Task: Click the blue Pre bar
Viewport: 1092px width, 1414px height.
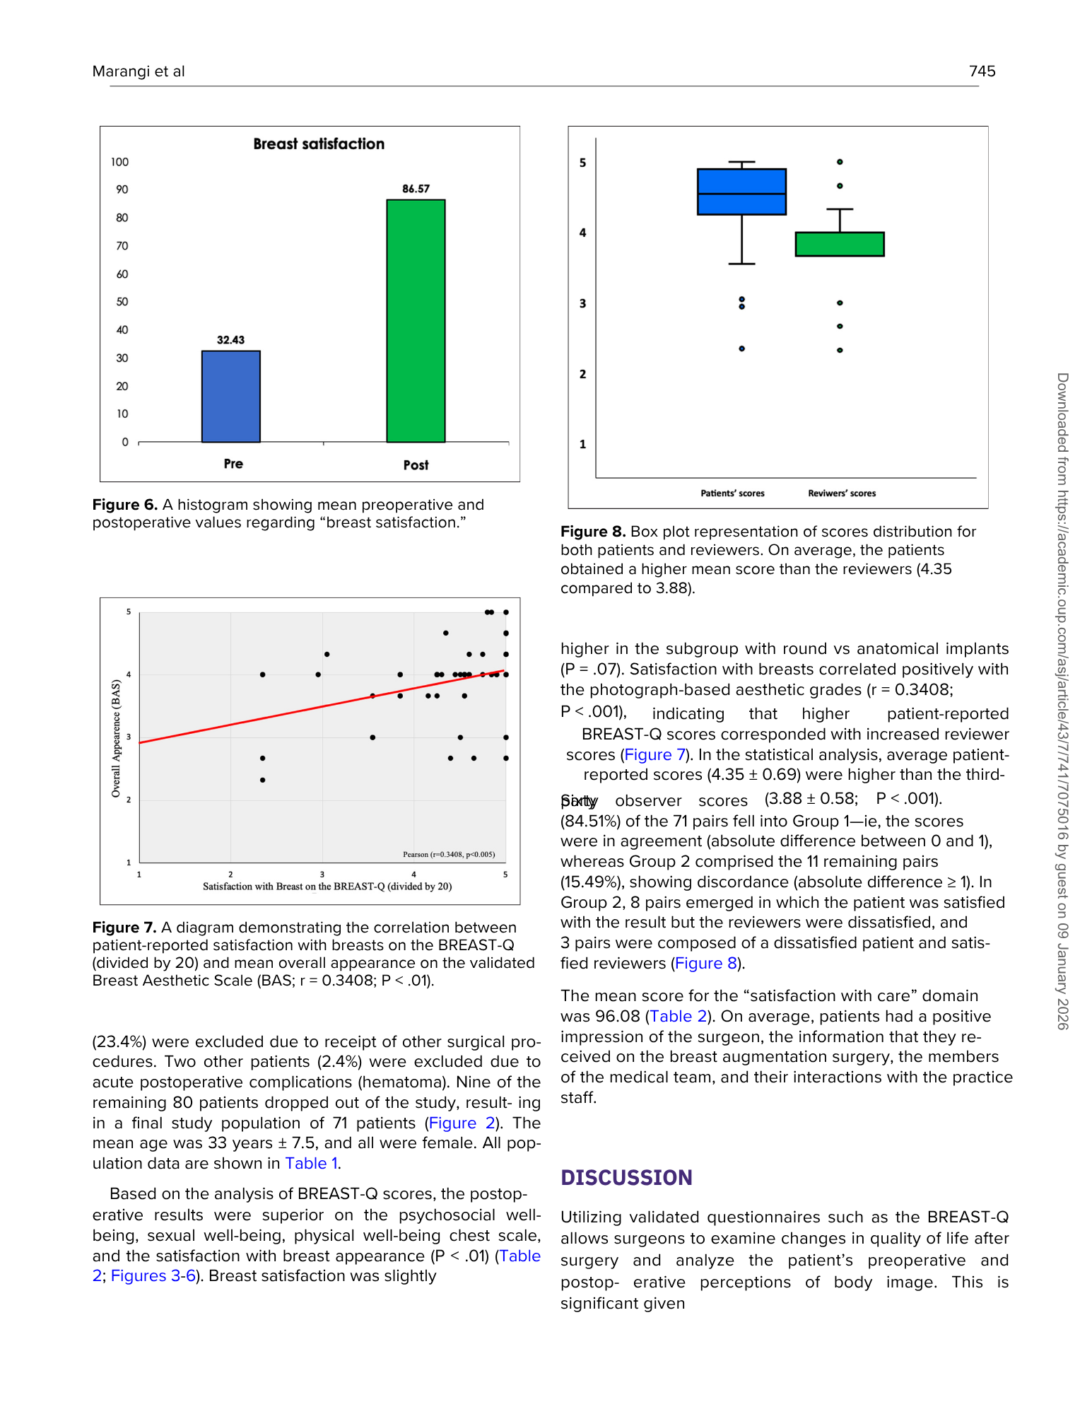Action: pyautogui.click(x=231, y=397)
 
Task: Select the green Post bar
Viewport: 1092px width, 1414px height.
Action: pyautogui.click(x=416, y=321)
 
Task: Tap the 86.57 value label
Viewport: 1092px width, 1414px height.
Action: pyautogui.click(x=416, y=189)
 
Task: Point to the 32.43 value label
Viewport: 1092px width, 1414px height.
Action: pyautogui.click(x=230, y=340)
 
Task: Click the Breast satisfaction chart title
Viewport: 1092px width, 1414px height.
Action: pyautogui.click(x=319, y=144)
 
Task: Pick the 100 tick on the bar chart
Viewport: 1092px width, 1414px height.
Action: pyautogui.click(x=119, y=162)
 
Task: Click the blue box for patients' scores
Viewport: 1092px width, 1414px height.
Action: pyautogui.click(x=741, y=192)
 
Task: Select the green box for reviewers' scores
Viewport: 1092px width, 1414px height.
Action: pyautogui.click(x=840, y=244)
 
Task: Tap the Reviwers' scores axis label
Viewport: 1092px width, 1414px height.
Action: pyautogui.click(x=841, y=493)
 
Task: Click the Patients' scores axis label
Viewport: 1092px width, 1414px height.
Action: pyautogui.click(x=732, y=493)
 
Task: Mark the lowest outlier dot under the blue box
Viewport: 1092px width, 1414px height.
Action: pyautogui.click(x=741, y=349)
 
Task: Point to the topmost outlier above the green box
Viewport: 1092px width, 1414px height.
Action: pyautogui.click(x=840, y=162)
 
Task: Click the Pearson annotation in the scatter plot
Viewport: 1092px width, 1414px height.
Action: pyautogui.click(x=449, y=854)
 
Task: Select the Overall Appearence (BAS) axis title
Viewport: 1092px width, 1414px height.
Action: pyautogui.click(x=116, y=738)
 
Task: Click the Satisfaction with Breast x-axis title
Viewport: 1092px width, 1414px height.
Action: pyautogui.click(x=327, y=887)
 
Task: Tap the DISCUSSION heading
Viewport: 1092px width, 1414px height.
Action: pyautogui.click(x=626, y=1178)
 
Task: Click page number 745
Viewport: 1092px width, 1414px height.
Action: pyautogui.click(x=982, y=71)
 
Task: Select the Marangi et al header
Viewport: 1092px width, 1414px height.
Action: pyautogui.click(x=139, y=71)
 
